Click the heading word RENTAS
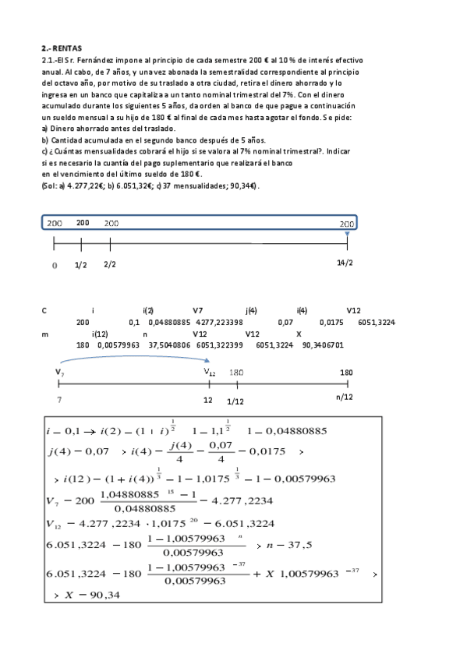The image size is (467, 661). click(x=68, y=48)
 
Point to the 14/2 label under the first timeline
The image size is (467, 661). click(x=345, y=263)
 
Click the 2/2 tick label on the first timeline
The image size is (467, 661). click(x=109, y=265)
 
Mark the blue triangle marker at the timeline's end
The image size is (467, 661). click(x=347, y=233)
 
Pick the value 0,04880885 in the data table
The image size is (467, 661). click(x=168, y=322)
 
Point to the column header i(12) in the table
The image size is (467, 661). click(x=100, y=334)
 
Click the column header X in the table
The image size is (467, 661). click(x=299, y=334)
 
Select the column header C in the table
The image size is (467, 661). click(x=44, y=310)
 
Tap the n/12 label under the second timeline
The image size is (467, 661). click(x=344, y=398)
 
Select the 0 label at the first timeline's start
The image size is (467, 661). click(x=55, y=266)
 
